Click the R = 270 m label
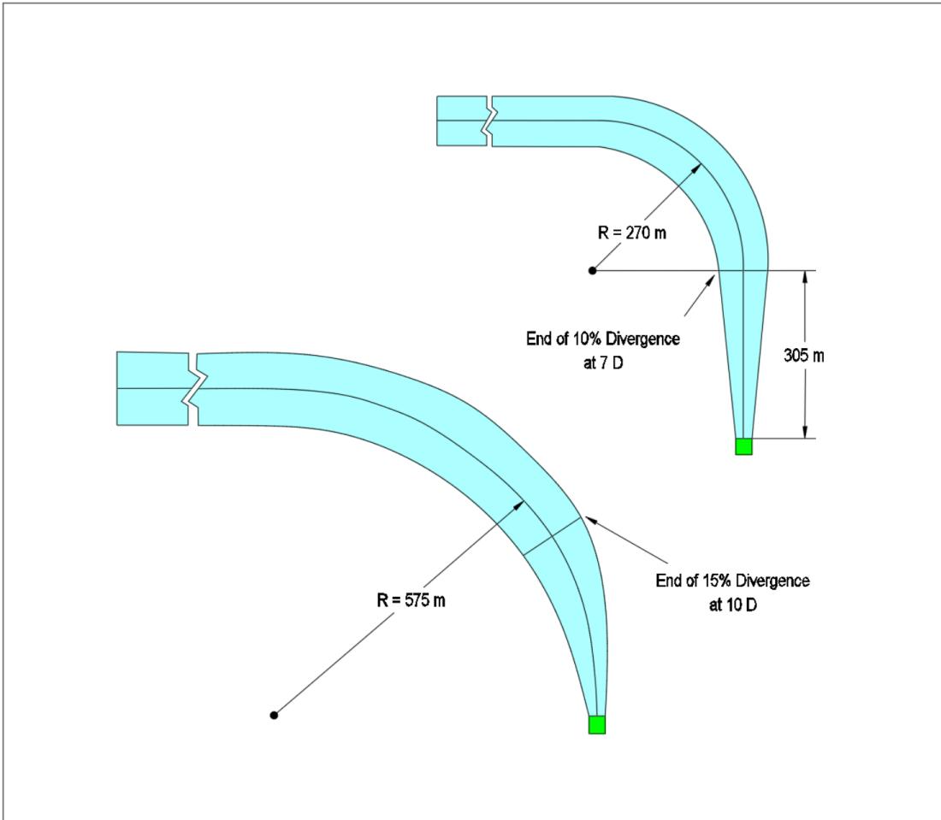[632, 233]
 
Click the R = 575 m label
[411, 600]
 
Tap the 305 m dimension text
[804, 356]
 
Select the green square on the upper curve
[743, 446]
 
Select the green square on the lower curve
[596, 724]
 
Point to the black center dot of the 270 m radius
[592, 270]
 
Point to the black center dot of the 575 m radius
[274, 715]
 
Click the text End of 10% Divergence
[603, 339]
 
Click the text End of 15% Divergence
[733, 581]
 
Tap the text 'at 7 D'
[603, 363]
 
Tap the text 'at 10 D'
[733, 605]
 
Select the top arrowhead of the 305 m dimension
[805, 277]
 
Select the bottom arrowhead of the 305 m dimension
[805, 432]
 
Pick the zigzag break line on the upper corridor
[489, 121]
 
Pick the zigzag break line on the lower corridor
[194, 389]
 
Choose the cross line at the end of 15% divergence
[552, 535]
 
